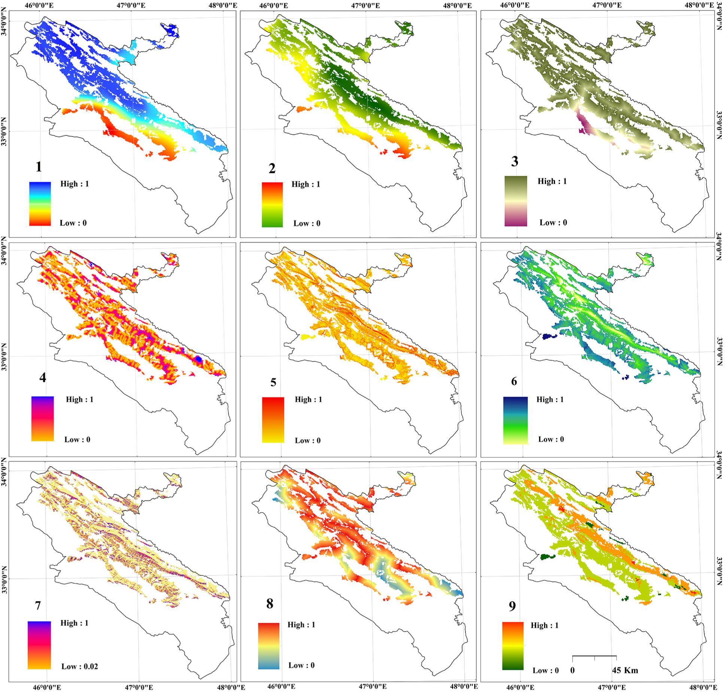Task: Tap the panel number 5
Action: (273, 382)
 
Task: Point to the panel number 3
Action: (515, 162)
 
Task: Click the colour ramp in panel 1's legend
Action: (40, 204)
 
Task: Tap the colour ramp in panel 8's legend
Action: (269, 646)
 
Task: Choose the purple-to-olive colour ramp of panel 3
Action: (516, 201)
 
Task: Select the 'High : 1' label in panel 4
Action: (80, 399)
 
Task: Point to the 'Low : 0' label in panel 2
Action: (307, 223)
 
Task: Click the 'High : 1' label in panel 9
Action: (544, 625)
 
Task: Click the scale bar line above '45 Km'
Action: (594, 656)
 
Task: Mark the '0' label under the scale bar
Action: (573, 670)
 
